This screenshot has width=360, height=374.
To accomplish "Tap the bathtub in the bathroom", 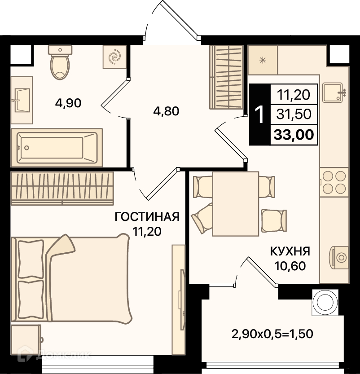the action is click(x=57, y=148).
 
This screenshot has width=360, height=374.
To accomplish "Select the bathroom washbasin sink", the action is click(x=22, y=100).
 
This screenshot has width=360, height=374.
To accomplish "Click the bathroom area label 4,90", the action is click(x=68, y=103).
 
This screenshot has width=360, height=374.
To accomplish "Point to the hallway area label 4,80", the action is click(x=166, y=111).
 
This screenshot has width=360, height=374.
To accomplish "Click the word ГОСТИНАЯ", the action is click(x=147, y=217).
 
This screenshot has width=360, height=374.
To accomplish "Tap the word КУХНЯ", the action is click(x=290, y=251).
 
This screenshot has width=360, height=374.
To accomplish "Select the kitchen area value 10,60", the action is click(x=290, y=266).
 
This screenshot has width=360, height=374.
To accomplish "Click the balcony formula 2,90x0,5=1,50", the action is click(x=272, y=334).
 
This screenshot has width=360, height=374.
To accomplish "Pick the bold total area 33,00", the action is click(x=294, y=135).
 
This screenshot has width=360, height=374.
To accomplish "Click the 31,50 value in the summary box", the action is click(x=294, y=114).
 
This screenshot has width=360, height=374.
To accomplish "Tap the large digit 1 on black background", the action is click(x=259, y=115).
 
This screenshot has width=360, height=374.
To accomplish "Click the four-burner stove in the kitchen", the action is click(x=334, y=182).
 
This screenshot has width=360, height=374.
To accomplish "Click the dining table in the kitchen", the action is click(x=236, y=204).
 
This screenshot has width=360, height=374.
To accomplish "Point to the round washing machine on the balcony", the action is click(x=325, y=303).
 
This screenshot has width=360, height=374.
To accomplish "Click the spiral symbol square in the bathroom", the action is click(x=114, y=57).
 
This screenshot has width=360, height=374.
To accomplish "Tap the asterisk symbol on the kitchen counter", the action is click(x=263, y=60).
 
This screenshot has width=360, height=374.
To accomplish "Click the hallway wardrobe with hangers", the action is click(x=226, y=77).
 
